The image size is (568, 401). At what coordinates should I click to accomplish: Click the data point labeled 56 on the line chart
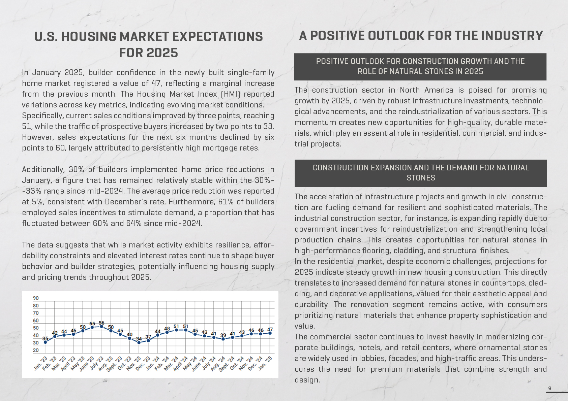(x=101, y=327)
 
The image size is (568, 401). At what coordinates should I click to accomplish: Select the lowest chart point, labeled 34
(x=139, y=342)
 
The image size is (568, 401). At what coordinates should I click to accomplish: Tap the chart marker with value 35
(x=46, y=342)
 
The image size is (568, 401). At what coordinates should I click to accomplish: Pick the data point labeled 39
(x=223, y=339)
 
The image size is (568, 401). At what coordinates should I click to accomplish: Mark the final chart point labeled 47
(x=270, y=333)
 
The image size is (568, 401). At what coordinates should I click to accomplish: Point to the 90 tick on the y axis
(x=36, y=298)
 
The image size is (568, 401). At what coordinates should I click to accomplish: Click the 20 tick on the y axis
(x=36, y=350)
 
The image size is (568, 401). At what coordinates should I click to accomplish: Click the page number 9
(x=550, y=388)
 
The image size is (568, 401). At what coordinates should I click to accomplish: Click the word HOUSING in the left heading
(x=89, y=36)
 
